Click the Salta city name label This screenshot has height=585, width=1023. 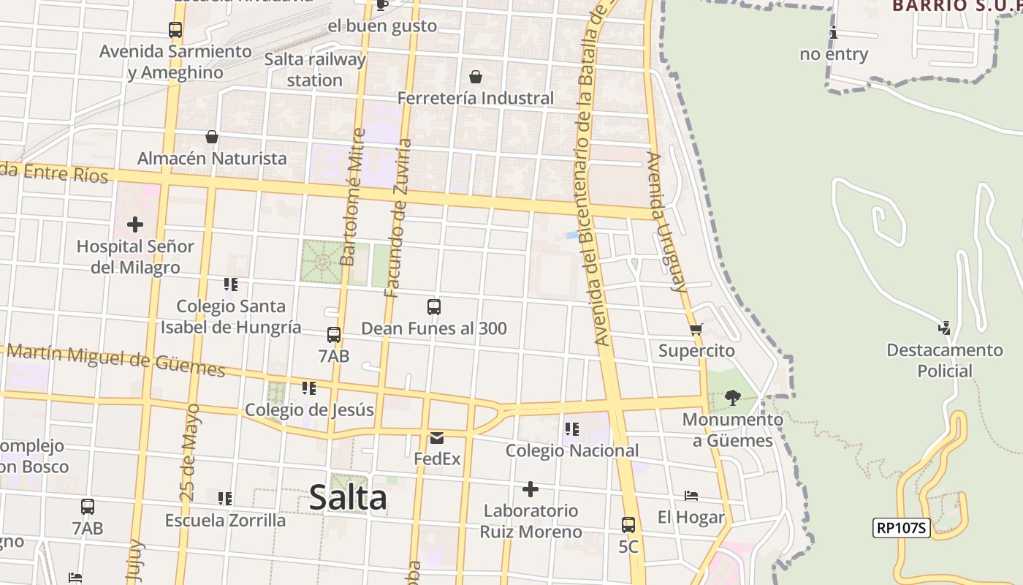[348, 498]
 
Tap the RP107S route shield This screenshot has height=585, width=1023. [901, 528]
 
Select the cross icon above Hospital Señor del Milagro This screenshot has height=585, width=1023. [135, 224]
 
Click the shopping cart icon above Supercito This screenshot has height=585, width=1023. [696, 329]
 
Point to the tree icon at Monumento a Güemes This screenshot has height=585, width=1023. [732, 398]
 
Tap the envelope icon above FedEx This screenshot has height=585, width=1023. [437, 438]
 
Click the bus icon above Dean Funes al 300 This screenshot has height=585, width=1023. [434, 307]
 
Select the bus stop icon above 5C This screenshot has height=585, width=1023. [628, 525]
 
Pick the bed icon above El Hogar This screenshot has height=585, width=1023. [691, 496]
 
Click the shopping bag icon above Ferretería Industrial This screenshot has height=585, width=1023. [476, 77]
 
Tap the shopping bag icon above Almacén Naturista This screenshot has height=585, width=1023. [212, 137]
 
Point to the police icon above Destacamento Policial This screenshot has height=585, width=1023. [945, 328]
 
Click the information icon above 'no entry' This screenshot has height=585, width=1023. [834, 33]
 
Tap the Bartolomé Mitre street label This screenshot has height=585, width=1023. [353, 197]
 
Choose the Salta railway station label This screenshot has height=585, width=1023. [315, 69]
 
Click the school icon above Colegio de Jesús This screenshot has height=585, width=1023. [309, 388]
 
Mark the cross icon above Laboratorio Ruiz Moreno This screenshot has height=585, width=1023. [530, 488]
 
